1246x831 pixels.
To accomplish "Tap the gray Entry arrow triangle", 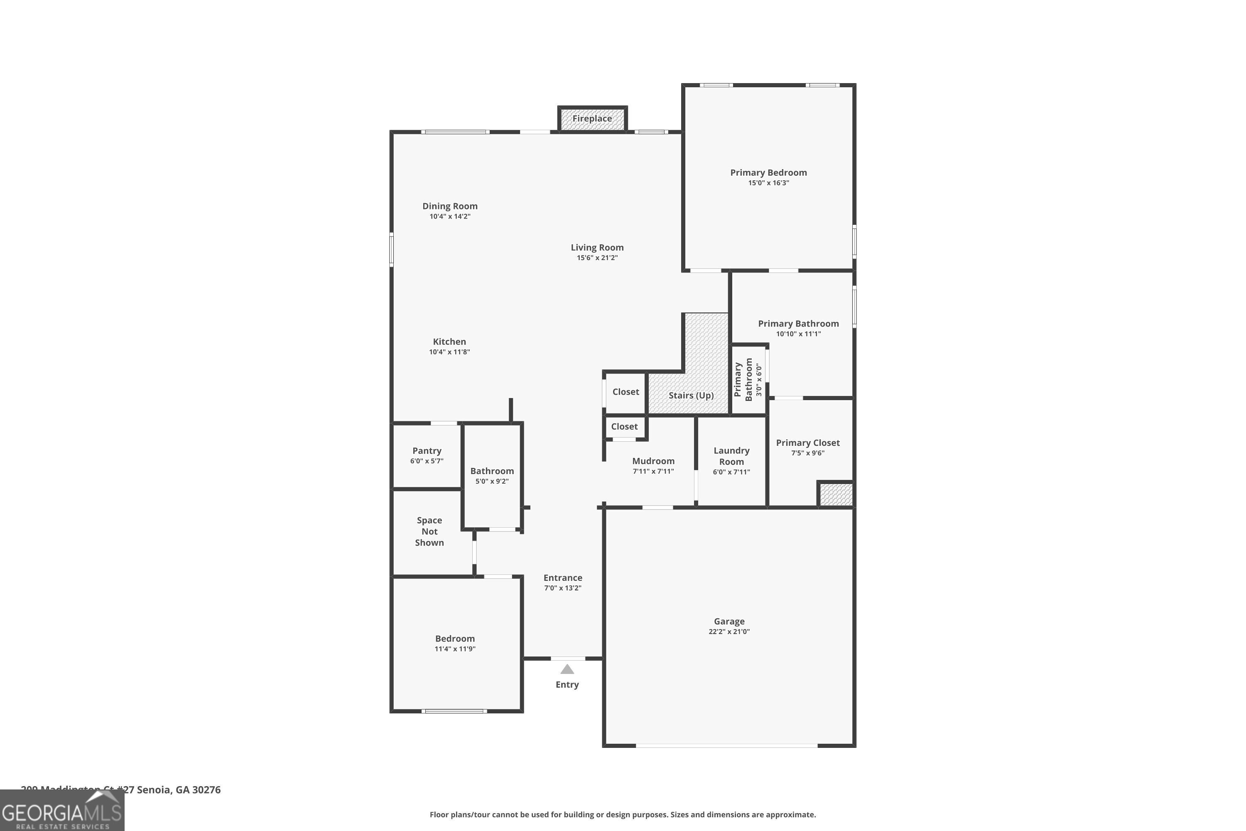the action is pyautogui.click(x=567, y=669).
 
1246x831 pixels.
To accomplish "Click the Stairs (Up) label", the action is pyautogui.click(x=691, y=396).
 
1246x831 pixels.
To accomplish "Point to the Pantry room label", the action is pyautogui.click(x=427, y=450).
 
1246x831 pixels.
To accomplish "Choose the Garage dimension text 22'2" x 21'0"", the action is pyautogui.click(x=729, y=631).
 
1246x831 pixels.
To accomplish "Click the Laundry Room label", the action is pyautogui.click(x=731, y=456).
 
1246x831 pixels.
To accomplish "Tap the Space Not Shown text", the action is pyautogui.click(x=429, y=531).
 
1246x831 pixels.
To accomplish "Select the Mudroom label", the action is pyautogui.click(x=653, y=461).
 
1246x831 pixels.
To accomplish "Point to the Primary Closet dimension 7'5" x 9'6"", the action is pyautogui.click(x=807, y=453).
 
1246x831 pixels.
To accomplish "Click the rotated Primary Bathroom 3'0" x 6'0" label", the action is pyautogui.click(x=748, y=379).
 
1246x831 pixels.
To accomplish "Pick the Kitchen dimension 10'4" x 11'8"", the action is pyautogui.click(x=449, y=352).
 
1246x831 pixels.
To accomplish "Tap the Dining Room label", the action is pyautogui.click(x=450, y=206).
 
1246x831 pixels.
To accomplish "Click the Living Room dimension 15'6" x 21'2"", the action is pyautogui.click(x=597, y=258).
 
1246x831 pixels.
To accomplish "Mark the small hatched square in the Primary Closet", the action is pyautogui.click(x=835, y=494).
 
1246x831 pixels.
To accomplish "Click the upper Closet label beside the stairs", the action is pyautogui.click(x=625, y=392).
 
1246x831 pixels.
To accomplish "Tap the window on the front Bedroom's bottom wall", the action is pyautogui.click(x=454, y=711).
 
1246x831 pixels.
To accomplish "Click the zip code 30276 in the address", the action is pyautogui.click(x=206, y=790).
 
